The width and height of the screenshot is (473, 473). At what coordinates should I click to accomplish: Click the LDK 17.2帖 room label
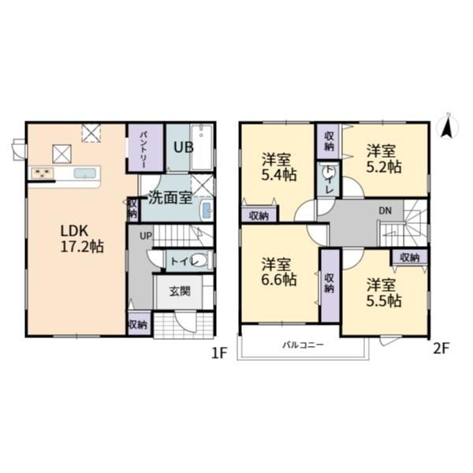click(82, 239)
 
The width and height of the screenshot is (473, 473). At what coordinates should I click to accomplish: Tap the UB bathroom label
click(183, 147)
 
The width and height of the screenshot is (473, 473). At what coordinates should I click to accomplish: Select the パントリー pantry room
click(146, 148)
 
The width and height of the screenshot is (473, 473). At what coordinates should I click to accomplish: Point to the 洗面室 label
click(170, 198)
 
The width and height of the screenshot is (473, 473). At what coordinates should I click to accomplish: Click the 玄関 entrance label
click(180, 291)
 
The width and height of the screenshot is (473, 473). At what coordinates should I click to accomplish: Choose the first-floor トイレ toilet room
click(189, 261)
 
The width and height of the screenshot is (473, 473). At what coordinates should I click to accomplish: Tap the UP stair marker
click(146, 236)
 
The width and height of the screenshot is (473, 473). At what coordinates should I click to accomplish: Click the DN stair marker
click(385, 210)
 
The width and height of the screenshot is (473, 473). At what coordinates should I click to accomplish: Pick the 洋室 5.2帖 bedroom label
click(384, 159)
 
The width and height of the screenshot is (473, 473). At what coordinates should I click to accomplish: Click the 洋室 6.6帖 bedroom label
click(279, 272)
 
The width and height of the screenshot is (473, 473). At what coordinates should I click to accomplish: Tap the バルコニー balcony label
click(304, 345)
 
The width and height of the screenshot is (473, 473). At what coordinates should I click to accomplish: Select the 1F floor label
click(219, 353)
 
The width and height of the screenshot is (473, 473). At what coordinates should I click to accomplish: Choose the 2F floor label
click(441, 349)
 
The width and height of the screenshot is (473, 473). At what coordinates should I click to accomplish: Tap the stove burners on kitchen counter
click(43, 173)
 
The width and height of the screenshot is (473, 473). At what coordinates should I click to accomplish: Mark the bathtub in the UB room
click(202, 147)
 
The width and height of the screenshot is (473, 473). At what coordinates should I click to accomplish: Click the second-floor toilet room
click(329, 180)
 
